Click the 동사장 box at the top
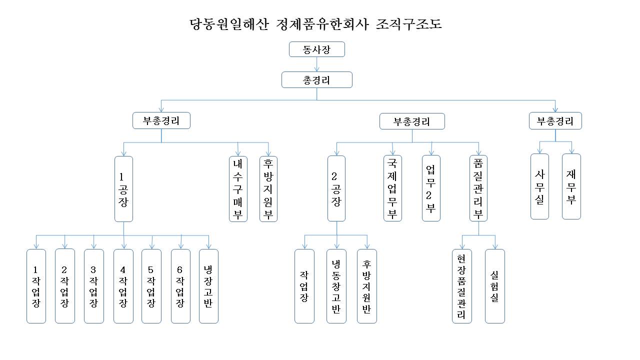[317, 49]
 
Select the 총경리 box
[317, 80]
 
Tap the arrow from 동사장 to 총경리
[317, 64]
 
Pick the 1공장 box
[123, 188]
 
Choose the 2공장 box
[336, 188]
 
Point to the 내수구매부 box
[238, 188]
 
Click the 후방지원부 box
[268, 188]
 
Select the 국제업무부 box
[392, 188]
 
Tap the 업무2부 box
[431, 188]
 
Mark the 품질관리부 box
[478, 188]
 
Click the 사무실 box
[539, 186]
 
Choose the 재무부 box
[571, 186]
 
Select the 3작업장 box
[93, 286]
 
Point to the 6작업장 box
[180, 286]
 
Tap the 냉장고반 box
[208, 286]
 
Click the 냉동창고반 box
[336, 286]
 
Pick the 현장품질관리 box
[462, 286]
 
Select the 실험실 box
[495, 286]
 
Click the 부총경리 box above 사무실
[555, 121]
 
